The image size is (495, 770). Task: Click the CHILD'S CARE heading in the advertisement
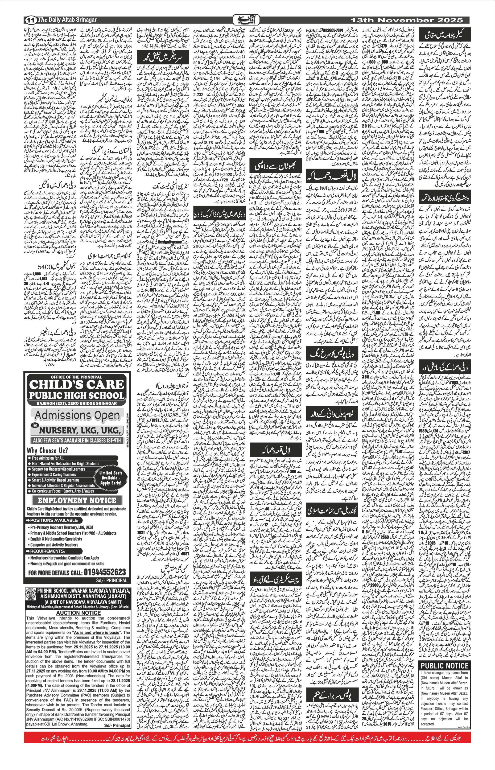[77, 385]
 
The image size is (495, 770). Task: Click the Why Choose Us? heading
[47, 451]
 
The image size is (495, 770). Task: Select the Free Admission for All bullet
[48, 458]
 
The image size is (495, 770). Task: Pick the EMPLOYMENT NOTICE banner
[77, 500]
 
